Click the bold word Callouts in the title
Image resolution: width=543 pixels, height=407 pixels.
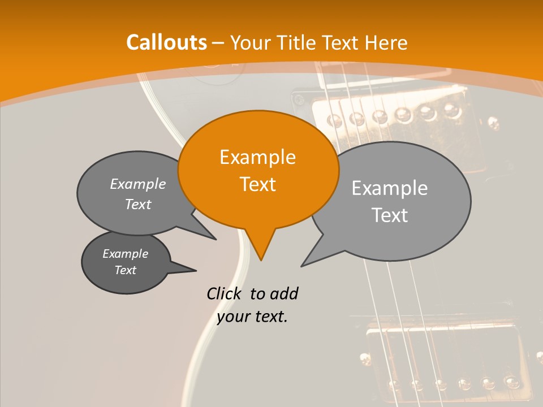click(166, 42)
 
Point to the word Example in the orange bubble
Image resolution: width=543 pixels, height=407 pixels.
click(257, 157)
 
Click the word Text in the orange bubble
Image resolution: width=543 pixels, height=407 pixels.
click(257, 184)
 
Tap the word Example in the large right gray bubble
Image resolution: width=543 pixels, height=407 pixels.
click(390, 188)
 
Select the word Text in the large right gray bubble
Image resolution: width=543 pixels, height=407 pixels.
click(390, 215)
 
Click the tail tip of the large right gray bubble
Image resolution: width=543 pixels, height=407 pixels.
click(302, 266)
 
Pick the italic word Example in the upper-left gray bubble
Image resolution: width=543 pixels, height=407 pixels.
click(138, 184)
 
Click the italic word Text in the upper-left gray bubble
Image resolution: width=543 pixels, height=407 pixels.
click(138, 205)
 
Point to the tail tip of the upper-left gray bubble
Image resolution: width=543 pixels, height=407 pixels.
click(216, 239)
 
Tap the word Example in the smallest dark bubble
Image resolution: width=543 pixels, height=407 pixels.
click(126, 254)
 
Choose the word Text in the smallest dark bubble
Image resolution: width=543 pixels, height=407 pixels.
click(126, 270)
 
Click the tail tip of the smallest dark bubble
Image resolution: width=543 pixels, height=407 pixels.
click(196, 270)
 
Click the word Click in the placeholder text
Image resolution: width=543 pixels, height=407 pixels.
click(223, 293)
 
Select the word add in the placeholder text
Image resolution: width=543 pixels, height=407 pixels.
click(284, 293)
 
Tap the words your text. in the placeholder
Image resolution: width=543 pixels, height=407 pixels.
click(252, 317)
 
